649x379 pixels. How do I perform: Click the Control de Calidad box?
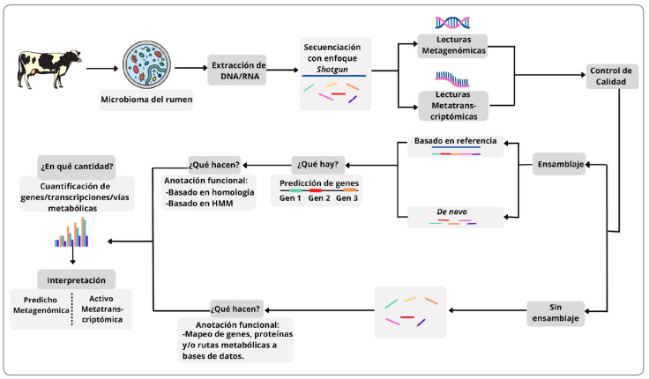click(610, 77)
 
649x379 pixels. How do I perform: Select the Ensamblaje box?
click(558, 164)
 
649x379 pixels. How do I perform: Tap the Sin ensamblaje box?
click(556, 314)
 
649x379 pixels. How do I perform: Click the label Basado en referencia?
click(455, 140)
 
